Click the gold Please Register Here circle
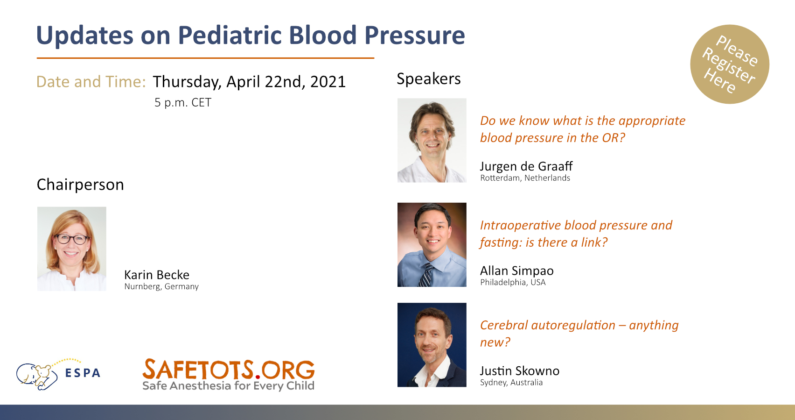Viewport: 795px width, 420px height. point(730,64)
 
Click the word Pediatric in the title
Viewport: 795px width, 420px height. point(231,35)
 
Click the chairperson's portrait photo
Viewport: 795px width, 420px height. point(72,249)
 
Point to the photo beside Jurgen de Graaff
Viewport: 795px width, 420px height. point(432,140)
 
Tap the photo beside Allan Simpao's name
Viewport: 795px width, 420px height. point(432,245)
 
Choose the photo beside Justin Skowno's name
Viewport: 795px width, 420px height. point(432,345)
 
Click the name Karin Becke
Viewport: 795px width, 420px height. point(157,275)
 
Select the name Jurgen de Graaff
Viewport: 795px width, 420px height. point(526,166)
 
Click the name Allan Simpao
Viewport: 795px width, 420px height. point(517,271)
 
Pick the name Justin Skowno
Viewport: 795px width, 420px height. point(520,370)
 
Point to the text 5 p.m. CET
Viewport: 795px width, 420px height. point(183,103)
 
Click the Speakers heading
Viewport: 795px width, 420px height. point(429,78)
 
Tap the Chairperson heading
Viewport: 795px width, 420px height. point(80,185)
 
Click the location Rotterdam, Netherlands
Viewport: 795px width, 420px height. point(525,178)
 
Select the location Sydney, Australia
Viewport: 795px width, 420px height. point(511,383)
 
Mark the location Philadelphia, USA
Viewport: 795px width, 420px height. point(513,283)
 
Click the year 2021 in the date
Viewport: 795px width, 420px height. point(328,82)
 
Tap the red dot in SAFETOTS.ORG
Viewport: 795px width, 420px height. point(258,376)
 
